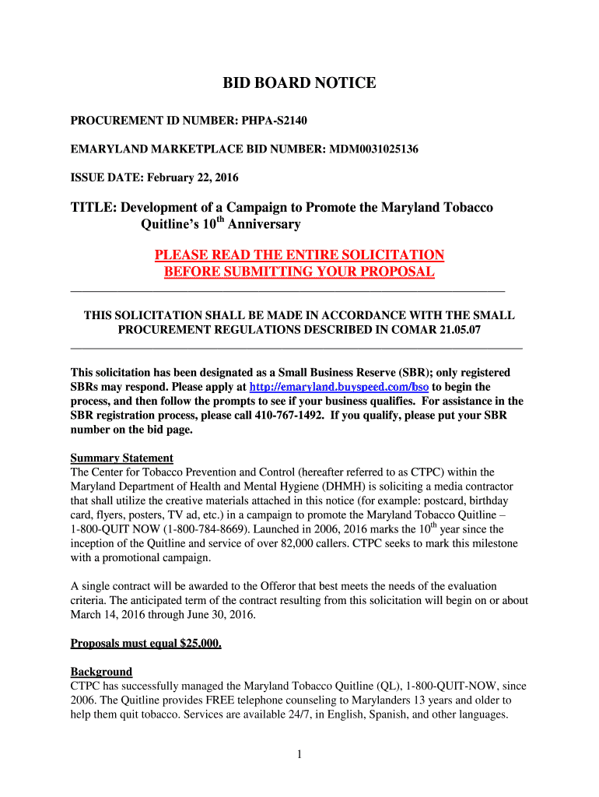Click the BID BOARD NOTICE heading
(x=299, y=83)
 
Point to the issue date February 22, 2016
(x=189, y=177)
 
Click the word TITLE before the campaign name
(x=93, y=208)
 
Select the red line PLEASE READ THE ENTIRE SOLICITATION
(x=299, y=255)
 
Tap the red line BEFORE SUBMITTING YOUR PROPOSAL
(x=299, y=272)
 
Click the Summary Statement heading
(x=121, y=458)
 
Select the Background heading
(x=101, y=671)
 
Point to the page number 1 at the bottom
(x=299, y=754)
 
